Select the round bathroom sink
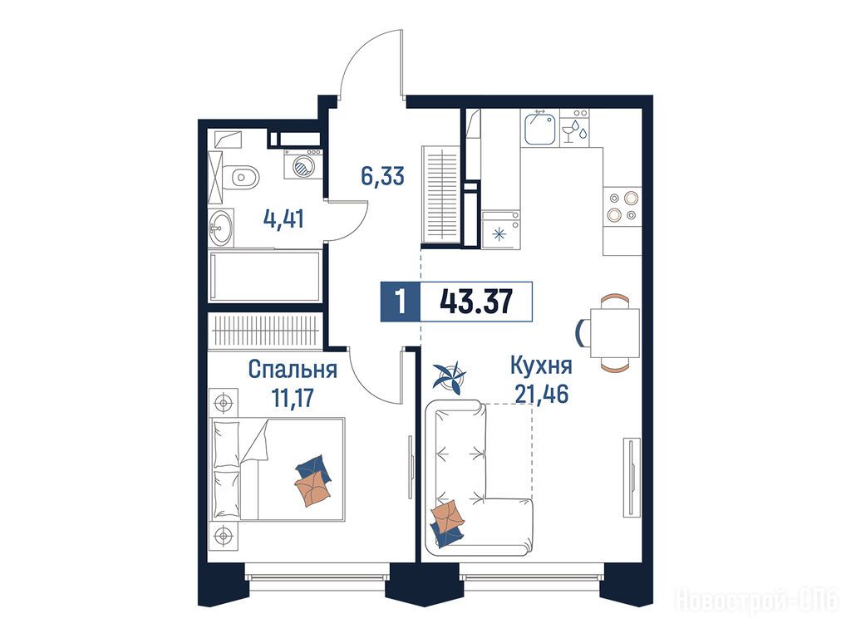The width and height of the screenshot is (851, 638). [221, 228]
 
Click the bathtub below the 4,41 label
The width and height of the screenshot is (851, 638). [264, 276]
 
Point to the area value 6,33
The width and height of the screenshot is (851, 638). [382, 176]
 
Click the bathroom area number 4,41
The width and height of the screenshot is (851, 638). [283, 219]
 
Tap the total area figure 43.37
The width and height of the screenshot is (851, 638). [476, 302]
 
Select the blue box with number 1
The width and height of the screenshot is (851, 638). [401, 302]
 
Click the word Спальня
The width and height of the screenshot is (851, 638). [293, 370]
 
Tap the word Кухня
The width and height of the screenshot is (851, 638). [541, 366]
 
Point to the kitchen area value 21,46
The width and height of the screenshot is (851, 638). [542, 394]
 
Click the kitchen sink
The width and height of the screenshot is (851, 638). [540, 128]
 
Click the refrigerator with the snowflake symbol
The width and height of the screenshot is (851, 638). [500, 229]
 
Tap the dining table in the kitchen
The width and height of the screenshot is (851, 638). [615, 332]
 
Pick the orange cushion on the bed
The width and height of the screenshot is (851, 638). [313, 487]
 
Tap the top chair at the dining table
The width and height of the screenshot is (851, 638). [615, 300]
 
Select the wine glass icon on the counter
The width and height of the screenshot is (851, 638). [568, 132]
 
